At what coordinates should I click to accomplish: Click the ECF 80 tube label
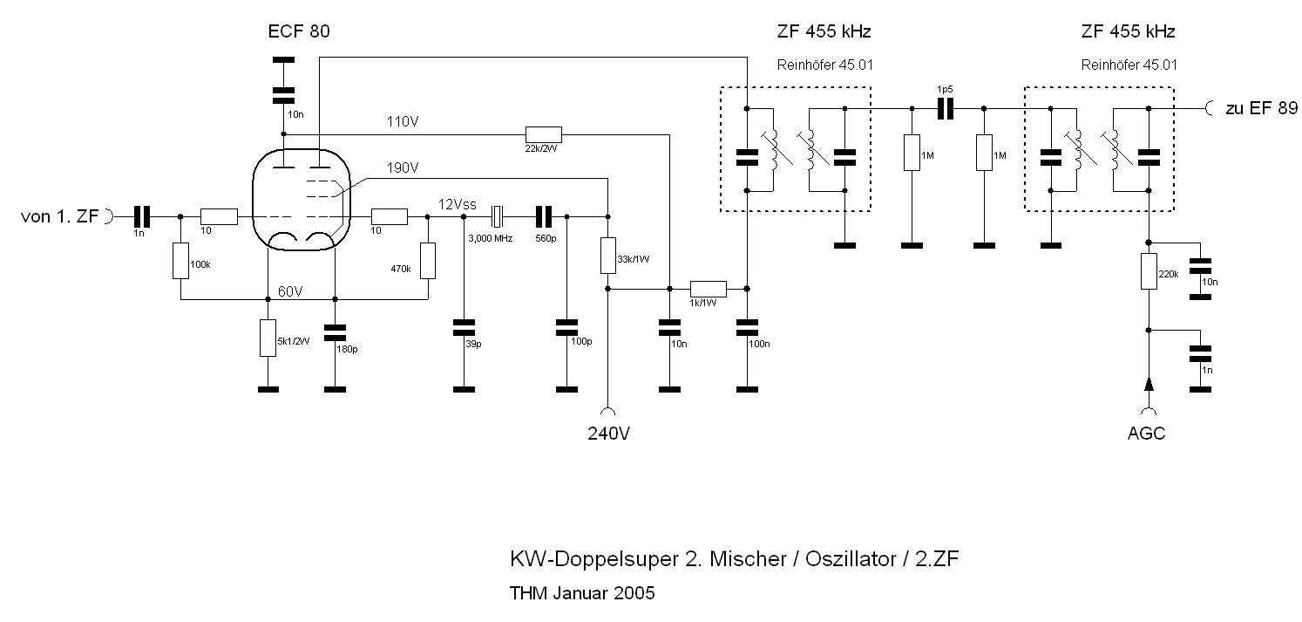tap(300, 32)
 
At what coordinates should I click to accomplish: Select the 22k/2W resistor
tap(543, 134)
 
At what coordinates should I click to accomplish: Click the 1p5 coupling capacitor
tap(946, 108)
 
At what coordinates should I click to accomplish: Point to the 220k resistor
tap(1149, 271)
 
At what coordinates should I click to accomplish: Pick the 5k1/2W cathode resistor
tap(268, 338)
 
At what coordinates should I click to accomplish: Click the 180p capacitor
tap(335, 333)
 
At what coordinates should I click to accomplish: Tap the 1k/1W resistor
tap(708, 289)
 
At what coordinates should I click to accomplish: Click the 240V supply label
tap(608, 434)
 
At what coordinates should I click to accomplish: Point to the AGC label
tap(1147, 434)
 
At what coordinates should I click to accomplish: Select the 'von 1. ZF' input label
tap(59, 216)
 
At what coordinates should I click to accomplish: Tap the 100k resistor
tap(180, 260)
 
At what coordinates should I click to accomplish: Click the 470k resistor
tap(428, 260)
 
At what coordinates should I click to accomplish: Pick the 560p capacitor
tap(544, 215)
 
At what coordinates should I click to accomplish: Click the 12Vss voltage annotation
tap(457, 204)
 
